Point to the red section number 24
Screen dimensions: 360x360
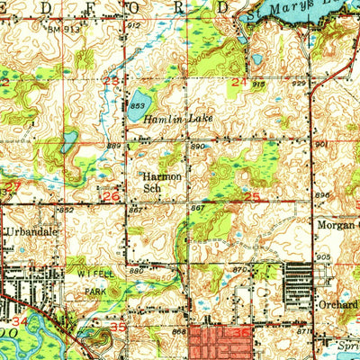pyautogui.click(x=238, y=82)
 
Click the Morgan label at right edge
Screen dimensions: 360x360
pyautogui.click(x=337, y=223)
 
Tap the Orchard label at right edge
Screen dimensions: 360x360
pyautogui.click(x=338, y=302)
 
